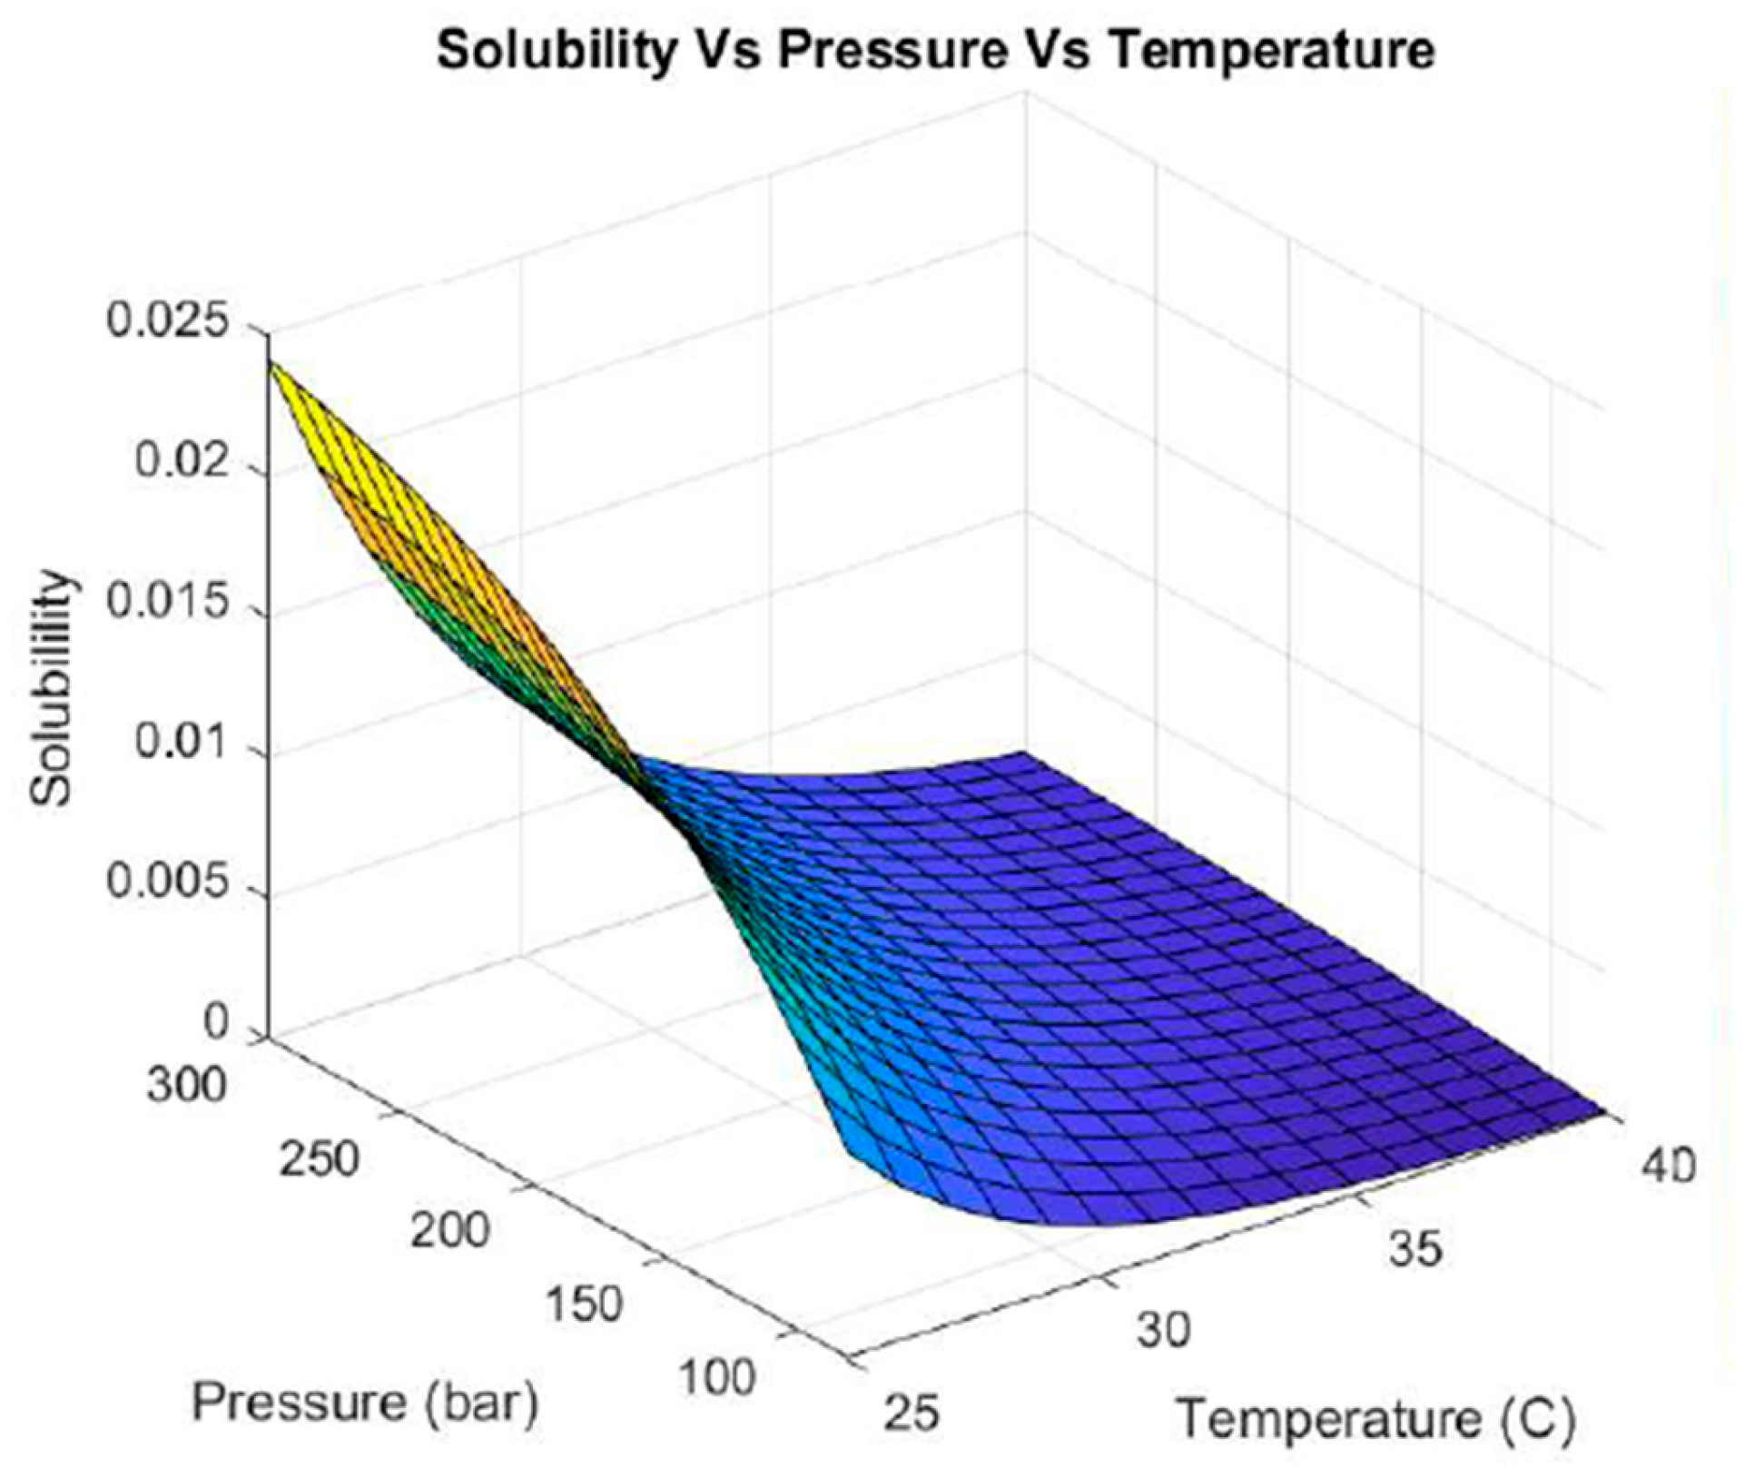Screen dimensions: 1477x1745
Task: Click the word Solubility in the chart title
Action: pyautogui.click(x=556, y=51)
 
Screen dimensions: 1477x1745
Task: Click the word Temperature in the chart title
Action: pyautogui.click(x=1272, y=51)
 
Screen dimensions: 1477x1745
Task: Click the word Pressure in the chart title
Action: pyautogui.click(x=892, y=51)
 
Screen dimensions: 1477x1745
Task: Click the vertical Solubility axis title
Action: pyautogui.click(x=51, y=687)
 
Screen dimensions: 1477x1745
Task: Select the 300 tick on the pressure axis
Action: pyautogui.click(x=186, y=1084)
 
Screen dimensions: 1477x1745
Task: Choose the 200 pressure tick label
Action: pyautogui.click(x=449, y=1232)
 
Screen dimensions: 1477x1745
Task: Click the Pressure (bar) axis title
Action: pyautogui.click(x=365, y=1403)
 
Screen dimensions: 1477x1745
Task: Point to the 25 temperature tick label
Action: pyautogui.click(x=911, y=1413)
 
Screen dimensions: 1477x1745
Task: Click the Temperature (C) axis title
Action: pyautogui.click(x=1375, y=1418)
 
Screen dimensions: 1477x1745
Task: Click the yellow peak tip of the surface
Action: pyautogui.click(x=272, y=368)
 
